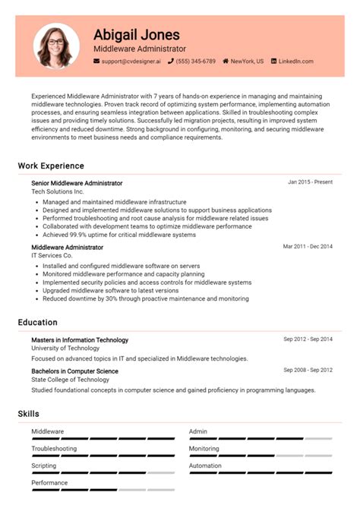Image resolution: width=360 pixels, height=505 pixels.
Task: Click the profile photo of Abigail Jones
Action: coord(55,46)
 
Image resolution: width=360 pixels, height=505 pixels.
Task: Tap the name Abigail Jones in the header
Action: coord(137,35)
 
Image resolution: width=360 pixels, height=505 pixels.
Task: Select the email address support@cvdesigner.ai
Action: coord(131,61)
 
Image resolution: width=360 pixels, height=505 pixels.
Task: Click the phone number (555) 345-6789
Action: coord(196,61)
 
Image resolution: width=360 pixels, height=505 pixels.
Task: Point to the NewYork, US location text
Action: coord(247,61)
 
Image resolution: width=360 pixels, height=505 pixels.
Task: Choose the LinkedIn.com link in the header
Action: coord(295,61)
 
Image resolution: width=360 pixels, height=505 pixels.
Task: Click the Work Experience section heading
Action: coord(51,166)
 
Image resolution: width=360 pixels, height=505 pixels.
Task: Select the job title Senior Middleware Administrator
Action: coord(77,183)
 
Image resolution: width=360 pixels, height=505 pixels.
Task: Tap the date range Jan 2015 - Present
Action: coord(310,182)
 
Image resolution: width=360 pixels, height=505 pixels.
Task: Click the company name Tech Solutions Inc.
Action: coord(58,192)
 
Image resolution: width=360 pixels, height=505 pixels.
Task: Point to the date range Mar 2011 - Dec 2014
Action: coord(308,247)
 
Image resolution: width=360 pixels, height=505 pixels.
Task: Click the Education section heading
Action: coord(38,322)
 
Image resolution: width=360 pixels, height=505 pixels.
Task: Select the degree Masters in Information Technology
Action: coord(80,339)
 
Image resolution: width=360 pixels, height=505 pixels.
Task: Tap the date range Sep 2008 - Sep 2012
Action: coord(308,369)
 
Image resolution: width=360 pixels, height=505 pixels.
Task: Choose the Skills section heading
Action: coord(29,414)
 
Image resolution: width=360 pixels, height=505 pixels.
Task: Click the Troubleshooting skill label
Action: coord(54,449)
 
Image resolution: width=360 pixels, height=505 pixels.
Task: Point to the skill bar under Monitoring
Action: coord(260,456)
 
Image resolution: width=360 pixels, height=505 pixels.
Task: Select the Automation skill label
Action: coord(205,466)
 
